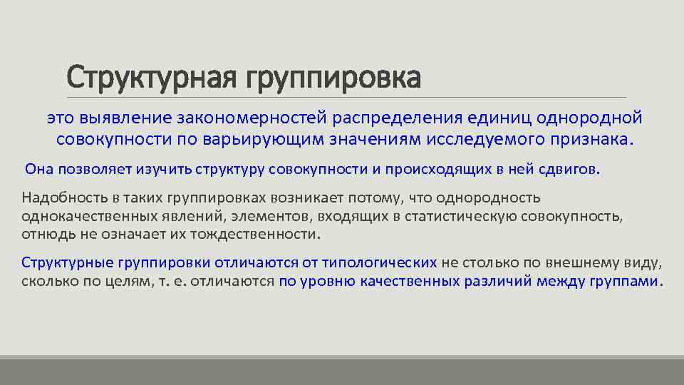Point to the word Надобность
tap(58, 197)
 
